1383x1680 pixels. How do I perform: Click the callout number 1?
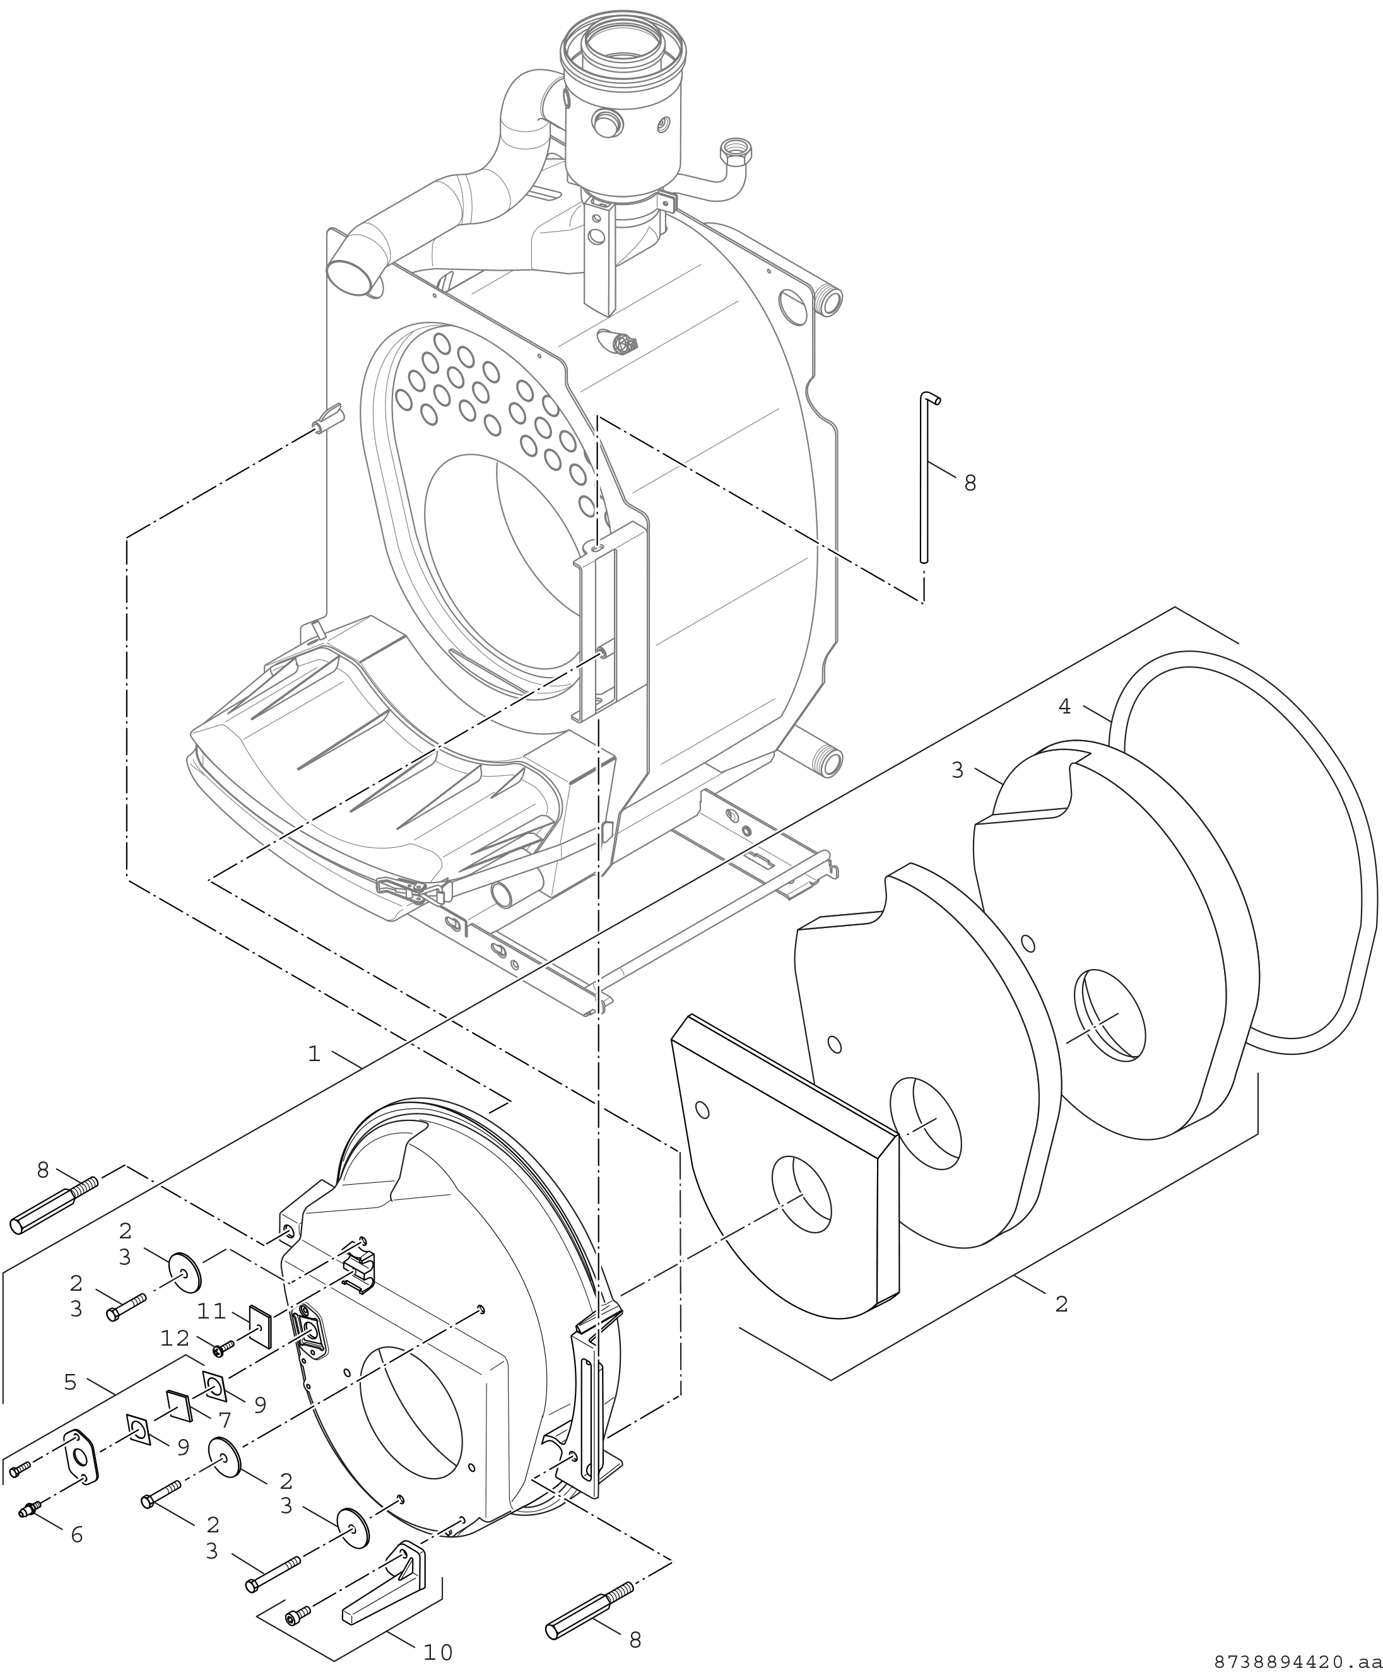314,1055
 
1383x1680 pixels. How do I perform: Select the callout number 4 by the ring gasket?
1064,707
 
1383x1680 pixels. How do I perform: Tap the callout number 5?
71,1382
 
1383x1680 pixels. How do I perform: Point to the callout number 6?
76,1535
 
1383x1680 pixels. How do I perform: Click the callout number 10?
437,1653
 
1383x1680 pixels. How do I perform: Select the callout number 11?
213,1310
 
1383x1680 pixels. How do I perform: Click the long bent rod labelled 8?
925,478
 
